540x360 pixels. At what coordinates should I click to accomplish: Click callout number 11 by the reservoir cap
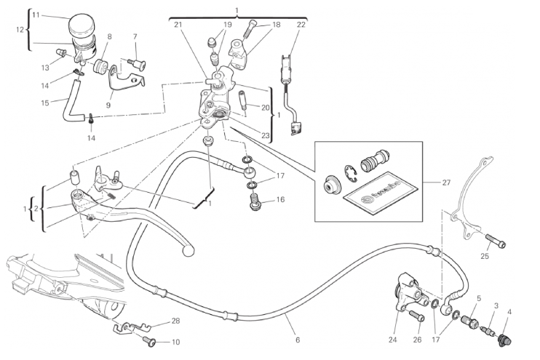(x=36, y=15)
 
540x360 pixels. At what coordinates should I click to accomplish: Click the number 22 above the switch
(x=301, y=25)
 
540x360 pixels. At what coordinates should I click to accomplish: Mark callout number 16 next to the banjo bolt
(x=279, y=199)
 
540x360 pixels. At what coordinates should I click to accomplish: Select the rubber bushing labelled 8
(x=101, y=68)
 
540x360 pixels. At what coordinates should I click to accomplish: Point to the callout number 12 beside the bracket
(x=20, y=30)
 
